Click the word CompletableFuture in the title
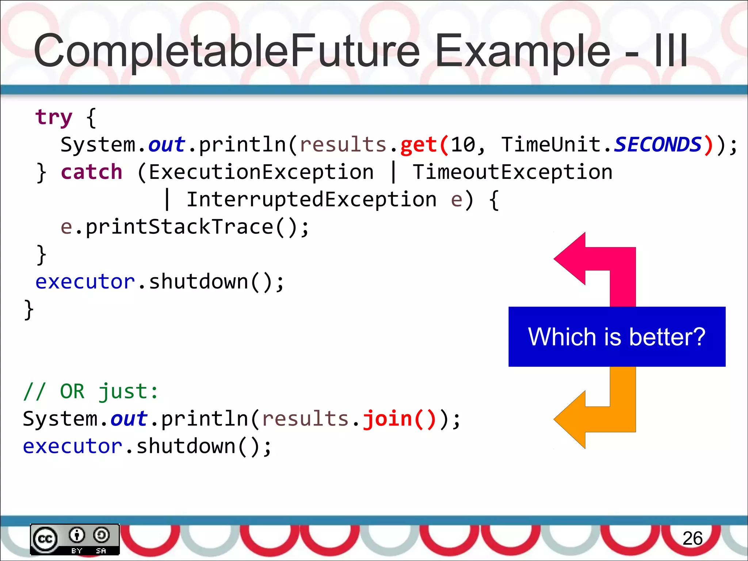pos(226,51)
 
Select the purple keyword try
pos(54,118)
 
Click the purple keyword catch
pos(91,172)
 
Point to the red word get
pos(419,145)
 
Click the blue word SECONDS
pos(657,145)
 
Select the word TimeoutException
pos(512,172)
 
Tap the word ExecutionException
pos(261,172)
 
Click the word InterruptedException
pos(312,200)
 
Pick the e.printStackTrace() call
pos(184,227)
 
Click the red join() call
pos(399,419)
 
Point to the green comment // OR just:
pos(91,392)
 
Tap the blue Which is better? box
pos(617,336)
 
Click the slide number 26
pos(692,538)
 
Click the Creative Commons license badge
pos(75,539)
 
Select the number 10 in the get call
pos(463,145)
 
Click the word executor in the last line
pos(72,447)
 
